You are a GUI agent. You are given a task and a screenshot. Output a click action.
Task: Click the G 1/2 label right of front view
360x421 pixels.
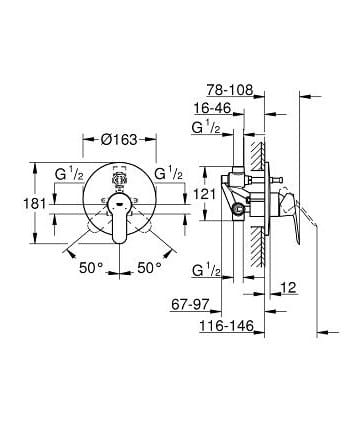169,172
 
